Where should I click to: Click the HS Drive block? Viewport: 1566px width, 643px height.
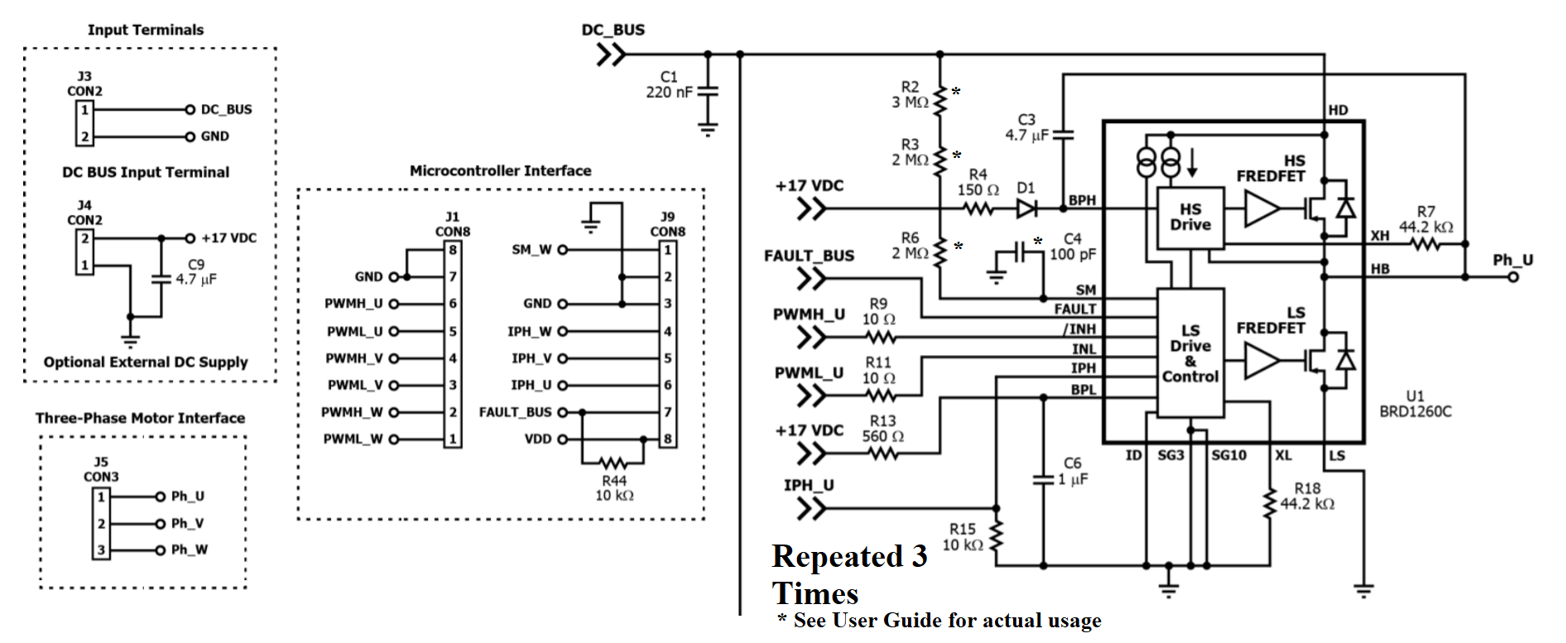pos(1189,218)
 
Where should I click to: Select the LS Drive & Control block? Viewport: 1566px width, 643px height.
pos(1189,353)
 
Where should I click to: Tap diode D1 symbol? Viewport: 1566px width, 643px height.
pos(1026,209)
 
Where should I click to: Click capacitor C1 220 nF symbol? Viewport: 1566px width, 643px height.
pos(708,92)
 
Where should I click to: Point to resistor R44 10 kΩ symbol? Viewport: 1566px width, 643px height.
pos(613,463)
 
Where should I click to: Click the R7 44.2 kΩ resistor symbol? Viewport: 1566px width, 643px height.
pos(1425,244)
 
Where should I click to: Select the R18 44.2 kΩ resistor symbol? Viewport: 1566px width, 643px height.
pos(1269,503)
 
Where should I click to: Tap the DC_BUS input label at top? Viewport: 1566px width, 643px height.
pos(612,30)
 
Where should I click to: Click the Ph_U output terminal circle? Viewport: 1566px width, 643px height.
pos(1513,277)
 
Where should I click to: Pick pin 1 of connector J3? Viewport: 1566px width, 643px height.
pos(84,109)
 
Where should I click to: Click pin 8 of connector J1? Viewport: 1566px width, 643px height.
pos(453,250)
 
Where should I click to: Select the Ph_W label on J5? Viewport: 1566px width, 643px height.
pos(189,549)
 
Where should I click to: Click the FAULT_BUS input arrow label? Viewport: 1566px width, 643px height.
pos(809,256)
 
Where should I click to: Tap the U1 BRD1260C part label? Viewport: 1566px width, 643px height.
pos(1415,404)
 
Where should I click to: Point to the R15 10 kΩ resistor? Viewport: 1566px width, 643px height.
pos(997,536)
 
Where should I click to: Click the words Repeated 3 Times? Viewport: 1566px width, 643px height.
pos(848,574)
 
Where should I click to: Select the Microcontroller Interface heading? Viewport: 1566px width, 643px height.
pos(500,170)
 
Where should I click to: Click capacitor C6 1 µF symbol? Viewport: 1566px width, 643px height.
pos(1043,479)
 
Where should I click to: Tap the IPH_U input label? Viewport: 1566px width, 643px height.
pos(809,485)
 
